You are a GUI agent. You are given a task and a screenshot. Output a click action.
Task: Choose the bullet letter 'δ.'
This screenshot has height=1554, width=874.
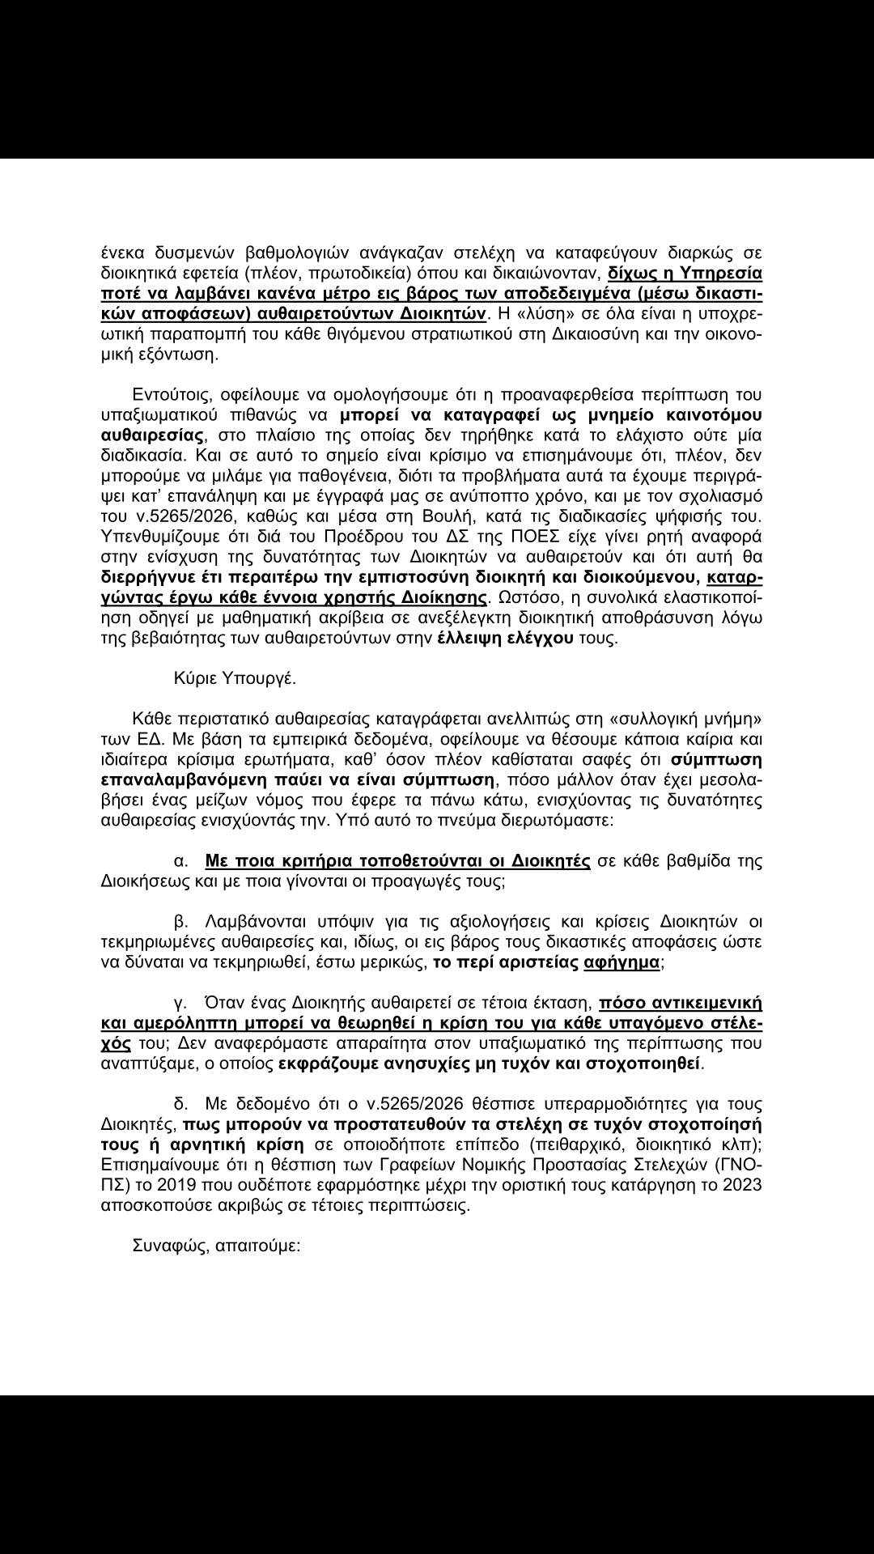pos(180,1104)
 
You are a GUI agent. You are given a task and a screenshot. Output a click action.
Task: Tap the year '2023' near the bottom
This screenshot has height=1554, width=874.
pos(740,1185)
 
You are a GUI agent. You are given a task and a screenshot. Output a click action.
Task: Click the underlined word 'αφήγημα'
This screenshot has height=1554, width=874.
pos(622,962)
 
